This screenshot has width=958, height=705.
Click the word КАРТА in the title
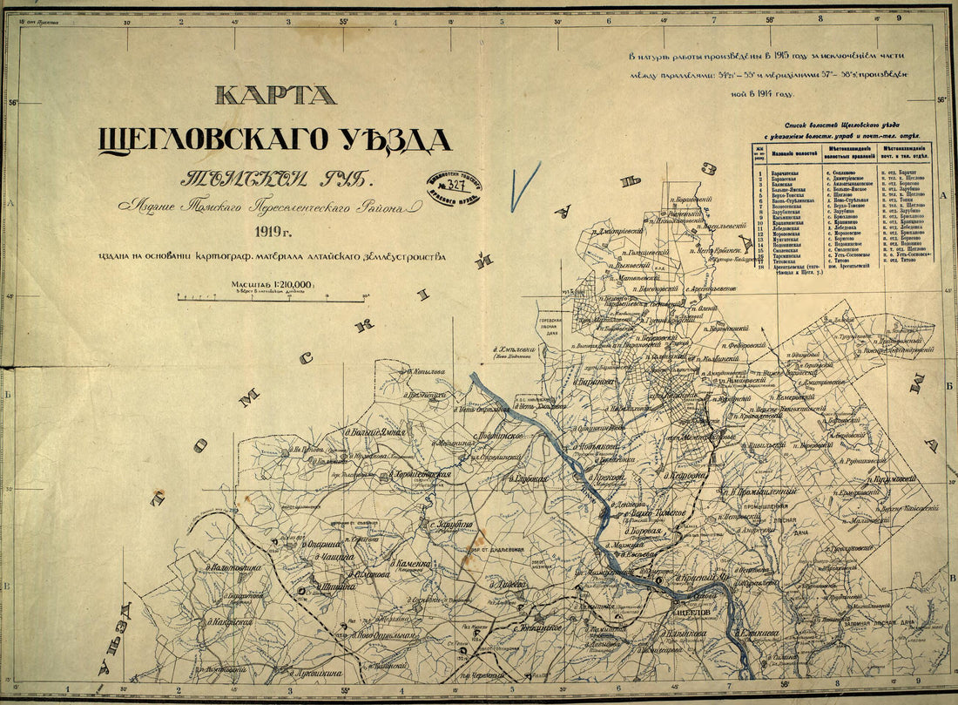275,94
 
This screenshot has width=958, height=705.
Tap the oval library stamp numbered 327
452,186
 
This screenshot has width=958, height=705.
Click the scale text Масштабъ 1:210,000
272,284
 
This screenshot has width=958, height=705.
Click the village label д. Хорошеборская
416,475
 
